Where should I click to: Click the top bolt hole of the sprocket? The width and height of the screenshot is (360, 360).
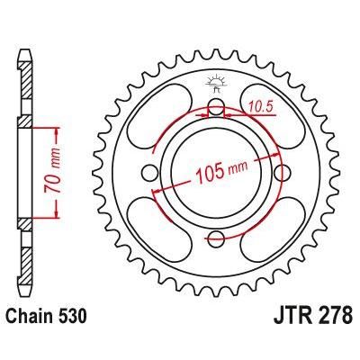pyautogui.click(x=216, y=109)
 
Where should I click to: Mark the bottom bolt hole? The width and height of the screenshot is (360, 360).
pyautogui.click(x=216, y=238)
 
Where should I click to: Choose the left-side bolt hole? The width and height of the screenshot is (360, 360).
pyautogui.click(x=150, y=174)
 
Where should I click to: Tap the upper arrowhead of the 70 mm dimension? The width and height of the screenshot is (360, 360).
pyautogui.click(x=57, y=126)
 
